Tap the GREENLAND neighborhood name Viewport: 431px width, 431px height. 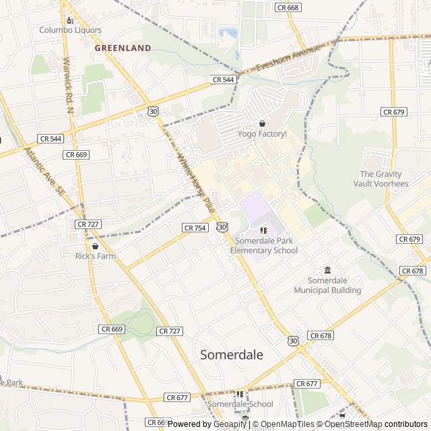tap(123, 48)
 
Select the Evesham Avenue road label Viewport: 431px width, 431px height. tap(288, 59)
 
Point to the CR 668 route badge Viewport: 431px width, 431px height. tap(287, 7)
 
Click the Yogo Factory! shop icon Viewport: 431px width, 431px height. tap(262, 124)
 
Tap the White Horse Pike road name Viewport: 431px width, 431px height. tap(195, 182)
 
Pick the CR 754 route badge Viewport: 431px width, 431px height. tap(194, 228)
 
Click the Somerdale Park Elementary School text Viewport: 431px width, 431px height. tap(263, 246)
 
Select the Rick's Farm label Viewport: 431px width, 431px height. tap(95, 256)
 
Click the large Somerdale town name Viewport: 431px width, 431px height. tap(232, 354)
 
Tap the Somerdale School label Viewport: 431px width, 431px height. tap(240, 404)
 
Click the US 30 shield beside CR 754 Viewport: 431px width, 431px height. tap(222, 228)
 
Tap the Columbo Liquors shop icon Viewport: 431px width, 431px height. tap(70, 20)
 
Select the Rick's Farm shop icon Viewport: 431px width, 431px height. tap(95, 246)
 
